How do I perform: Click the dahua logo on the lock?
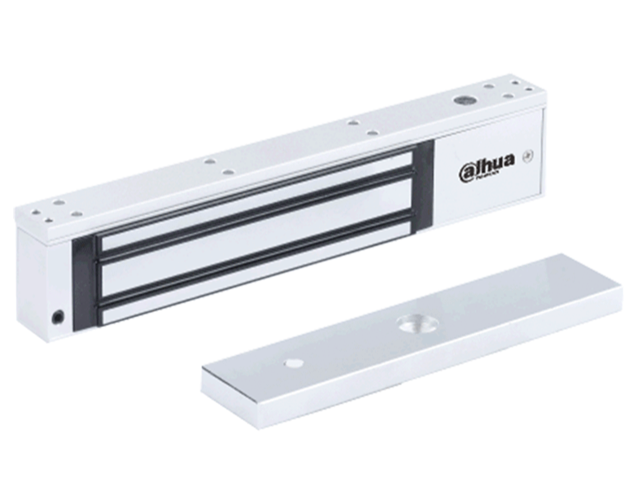pyautogui.click(x=486, y=164)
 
